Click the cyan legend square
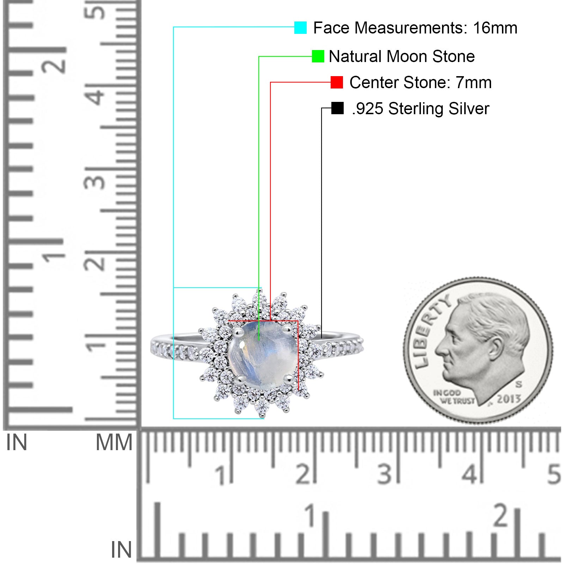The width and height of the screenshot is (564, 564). pyautogui.click(x=300, y=27)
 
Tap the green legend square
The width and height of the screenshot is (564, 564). pyautogui.click(x=318, y=56)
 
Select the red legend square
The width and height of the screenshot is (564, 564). pyautogui.click(x=337, y=82)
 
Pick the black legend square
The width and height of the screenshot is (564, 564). pyautogui.click(x=337, y=108)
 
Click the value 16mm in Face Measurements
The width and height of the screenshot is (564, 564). pyautogui.click(x=495, y=28)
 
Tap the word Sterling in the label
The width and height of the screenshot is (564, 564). pyautogui.click(x=416, y=109)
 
